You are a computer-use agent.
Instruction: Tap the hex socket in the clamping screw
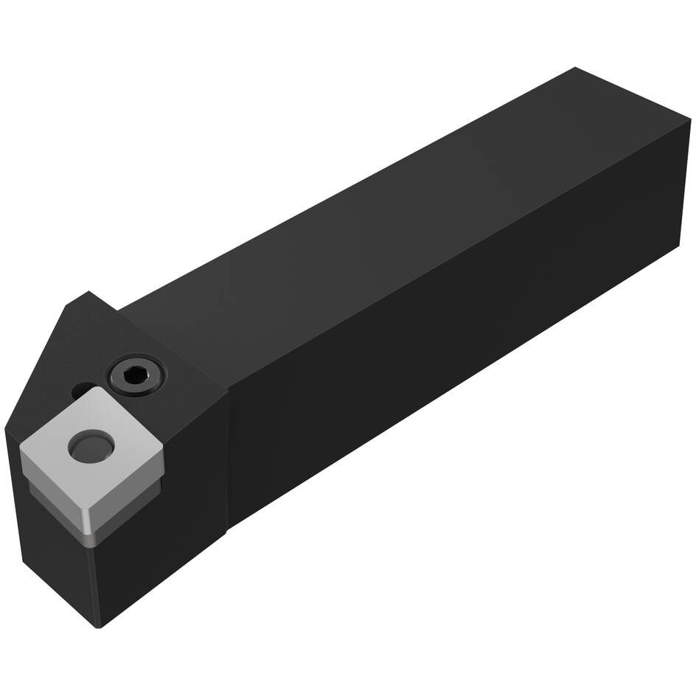point(136,375)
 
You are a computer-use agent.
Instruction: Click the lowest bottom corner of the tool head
point(100,627)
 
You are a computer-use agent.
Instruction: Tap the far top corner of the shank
point(574,68)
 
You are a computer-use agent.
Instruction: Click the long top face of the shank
point(369,206)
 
